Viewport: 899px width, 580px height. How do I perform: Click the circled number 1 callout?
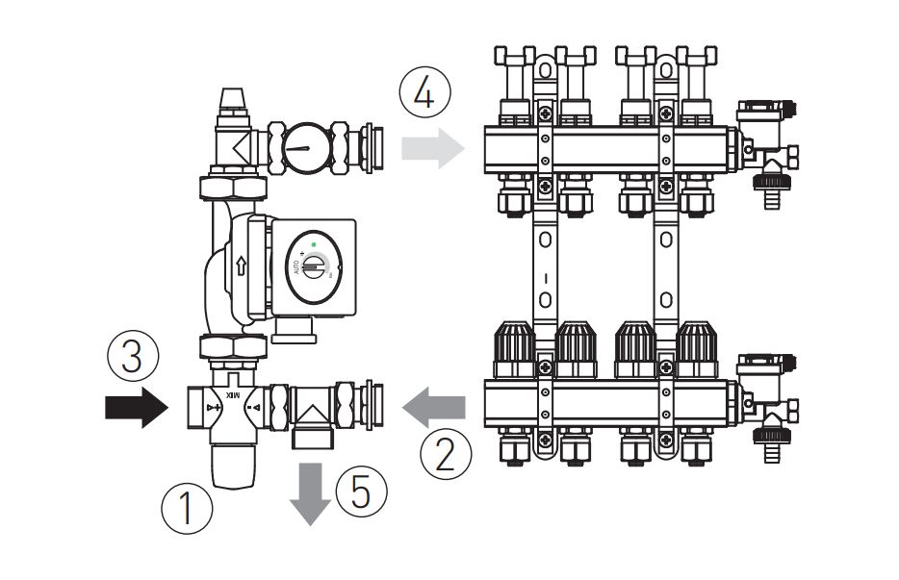[187, 508]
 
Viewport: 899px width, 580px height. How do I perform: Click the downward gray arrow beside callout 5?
[309, 493]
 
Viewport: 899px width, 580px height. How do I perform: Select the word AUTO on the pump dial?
[295, 266]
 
